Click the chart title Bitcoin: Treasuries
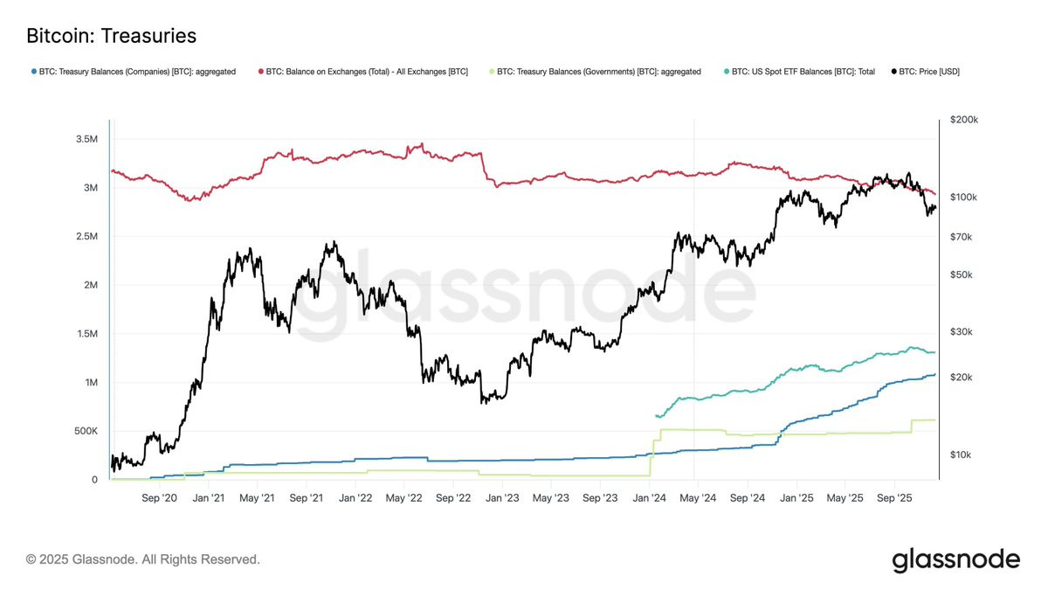click(112, 36)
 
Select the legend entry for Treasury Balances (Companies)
click(134, 72)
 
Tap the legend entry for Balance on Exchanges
click(363, 72)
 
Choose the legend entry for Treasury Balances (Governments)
click(595, 72)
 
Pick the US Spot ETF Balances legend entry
click(800, 72)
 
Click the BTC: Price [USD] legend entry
click(926, 72)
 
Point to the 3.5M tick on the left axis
click(87, 139)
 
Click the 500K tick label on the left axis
click(86, 431)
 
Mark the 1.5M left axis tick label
click(87, 333)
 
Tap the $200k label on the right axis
click(964, 120)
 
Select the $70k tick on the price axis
click(961, 237)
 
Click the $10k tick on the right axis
click(961, 455)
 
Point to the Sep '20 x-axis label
click(159, 497)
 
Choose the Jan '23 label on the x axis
click(502, 497)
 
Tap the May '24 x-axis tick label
click(698, 497)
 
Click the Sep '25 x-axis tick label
click(894, 497)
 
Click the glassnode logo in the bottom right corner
click(955, 560)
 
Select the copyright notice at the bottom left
click(142, 559)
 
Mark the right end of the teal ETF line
click(934, 352)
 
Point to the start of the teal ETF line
click(656, 416)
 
